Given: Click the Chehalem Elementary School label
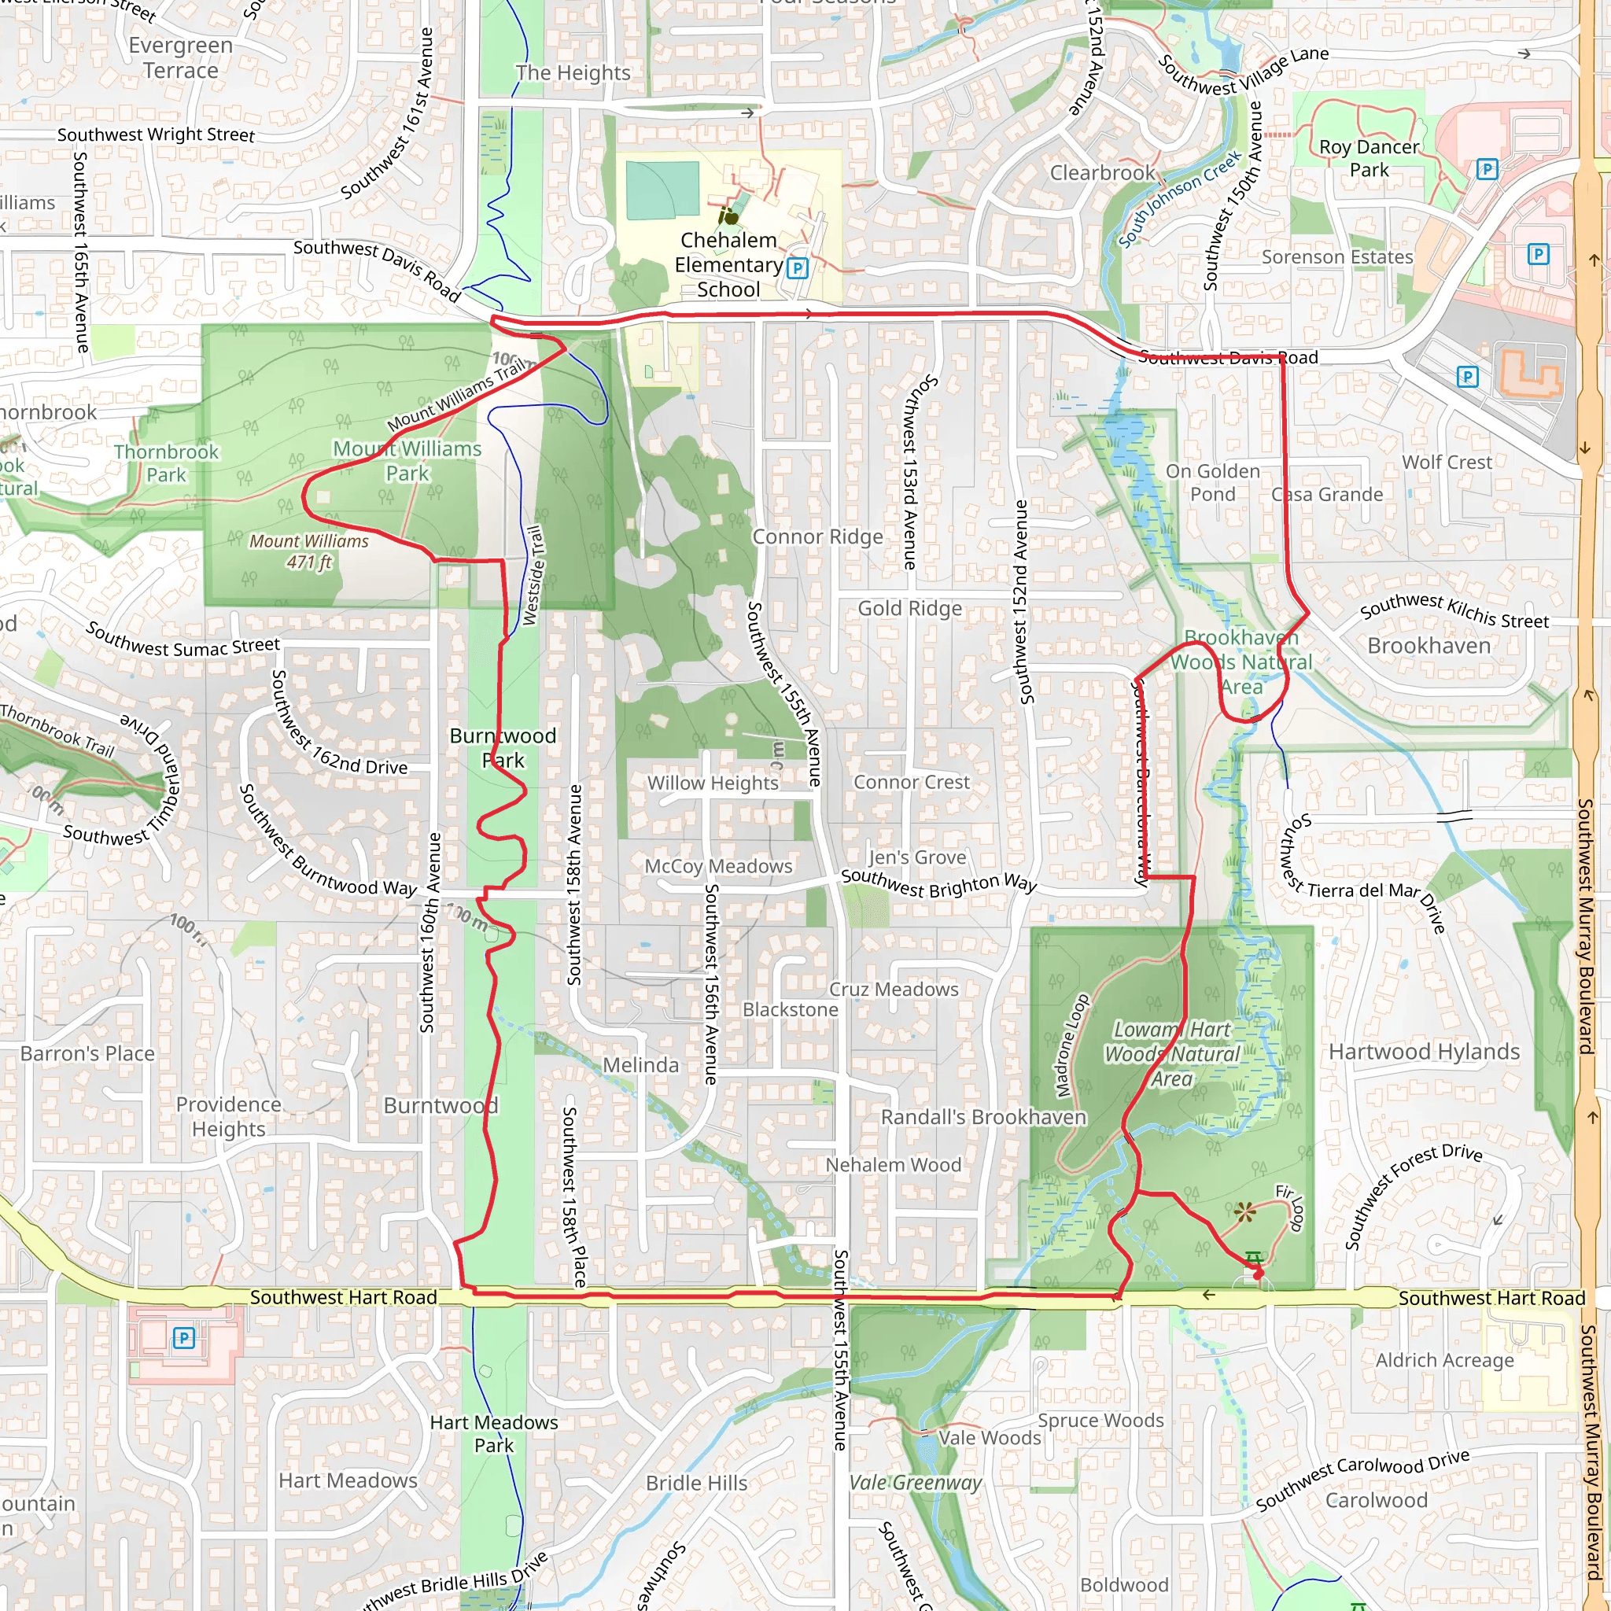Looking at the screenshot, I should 728,264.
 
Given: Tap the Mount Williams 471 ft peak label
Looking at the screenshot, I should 308,551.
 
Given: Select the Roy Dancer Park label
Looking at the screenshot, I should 1369,158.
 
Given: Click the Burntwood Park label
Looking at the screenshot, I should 503,748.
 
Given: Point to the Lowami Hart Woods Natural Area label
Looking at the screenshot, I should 1171,1054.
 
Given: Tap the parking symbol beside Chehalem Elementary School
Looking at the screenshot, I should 798,268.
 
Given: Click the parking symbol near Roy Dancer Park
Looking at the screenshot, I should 1487,169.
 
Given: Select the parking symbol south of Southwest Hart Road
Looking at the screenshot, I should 183,1338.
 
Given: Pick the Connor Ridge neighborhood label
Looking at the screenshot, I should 817,537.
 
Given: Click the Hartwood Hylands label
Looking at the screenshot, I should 1425,1052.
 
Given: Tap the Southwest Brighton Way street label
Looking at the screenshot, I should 938,883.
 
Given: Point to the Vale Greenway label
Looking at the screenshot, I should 916,1483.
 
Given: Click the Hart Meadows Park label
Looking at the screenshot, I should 494,1433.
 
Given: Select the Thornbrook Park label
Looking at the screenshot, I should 166,463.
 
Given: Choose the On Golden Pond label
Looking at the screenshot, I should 1212,483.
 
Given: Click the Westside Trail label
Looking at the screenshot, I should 534,574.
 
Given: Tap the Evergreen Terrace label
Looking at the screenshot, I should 181,57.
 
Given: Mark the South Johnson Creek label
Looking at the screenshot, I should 1179,200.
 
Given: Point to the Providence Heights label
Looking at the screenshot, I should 228,1116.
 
